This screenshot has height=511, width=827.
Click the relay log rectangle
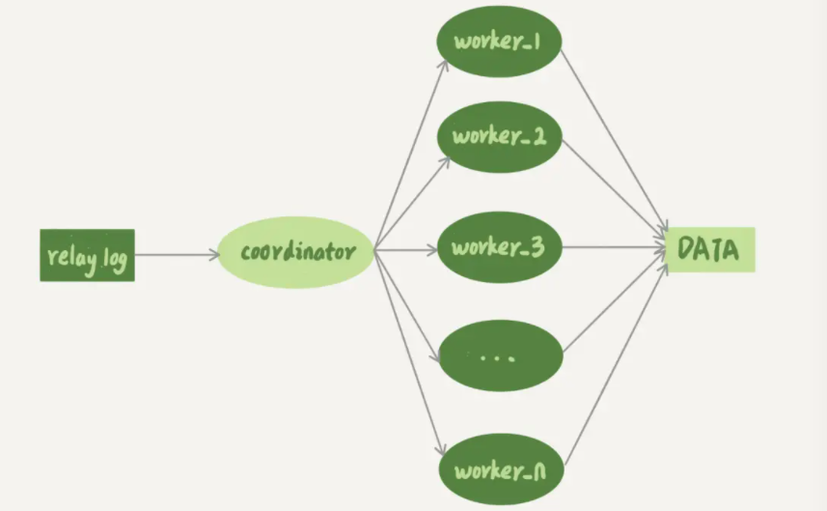click(87, 255)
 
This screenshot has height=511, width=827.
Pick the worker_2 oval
click(499, 137)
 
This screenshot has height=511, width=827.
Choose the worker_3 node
click(499, 247)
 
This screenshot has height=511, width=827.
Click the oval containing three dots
click(499, 355)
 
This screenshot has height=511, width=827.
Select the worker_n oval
click(499, 471)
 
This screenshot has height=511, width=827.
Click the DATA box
click(710, 249)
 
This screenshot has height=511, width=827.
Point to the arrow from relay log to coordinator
click(178, 255)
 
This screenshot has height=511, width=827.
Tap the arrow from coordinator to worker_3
click(406, 250)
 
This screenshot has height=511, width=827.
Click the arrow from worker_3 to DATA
click(616, 248)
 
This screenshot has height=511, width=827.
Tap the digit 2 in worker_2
click(538, 137)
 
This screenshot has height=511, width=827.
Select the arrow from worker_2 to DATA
click(616, 189)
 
